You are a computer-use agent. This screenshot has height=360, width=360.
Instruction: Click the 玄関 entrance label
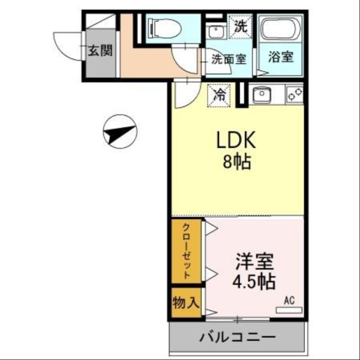pos(99,51)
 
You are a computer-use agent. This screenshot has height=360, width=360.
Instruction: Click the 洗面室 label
pos(229,59)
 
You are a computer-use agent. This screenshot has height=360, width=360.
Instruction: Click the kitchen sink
pos(261,95)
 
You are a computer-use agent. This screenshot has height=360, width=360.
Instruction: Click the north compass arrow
pos(119,131)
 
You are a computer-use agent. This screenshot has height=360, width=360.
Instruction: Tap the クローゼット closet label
pos(186,250)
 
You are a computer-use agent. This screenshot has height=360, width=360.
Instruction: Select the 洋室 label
pos(254,261)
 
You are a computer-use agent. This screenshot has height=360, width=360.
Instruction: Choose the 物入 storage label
pos(186,303)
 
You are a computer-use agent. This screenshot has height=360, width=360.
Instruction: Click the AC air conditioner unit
pos(288,310)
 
